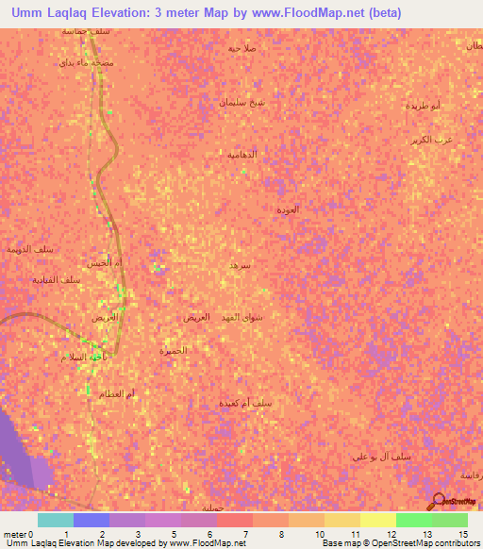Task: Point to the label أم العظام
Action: click(118, 392)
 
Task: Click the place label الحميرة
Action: click(174, 350)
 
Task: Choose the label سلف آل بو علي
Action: click(381, 457)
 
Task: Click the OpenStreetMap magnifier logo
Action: click(438, 500)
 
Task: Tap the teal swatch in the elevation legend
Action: click(56, 520)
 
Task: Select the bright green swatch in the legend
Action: click(414, 520)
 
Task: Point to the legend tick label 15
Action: click(463, 534)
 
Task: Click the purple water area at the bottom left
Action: click(24, 453)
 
